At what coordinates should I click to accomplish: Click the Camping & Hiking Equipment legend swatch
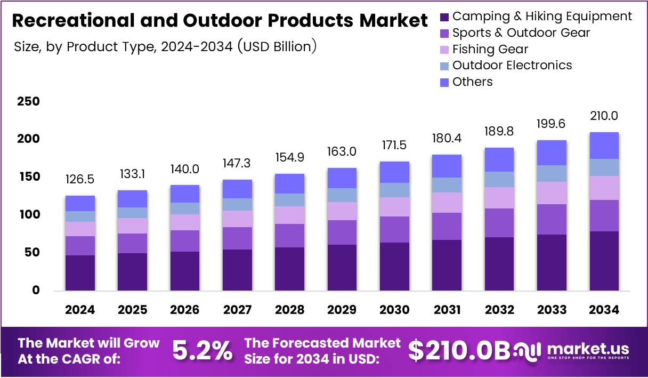coord(444,17)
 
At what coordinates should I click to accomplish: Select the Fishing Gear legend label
coord(490,50)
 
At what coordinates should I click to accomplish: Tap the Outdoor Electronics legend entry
coord(512,66)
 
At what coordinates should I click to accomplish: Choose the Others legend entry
coord(472,82)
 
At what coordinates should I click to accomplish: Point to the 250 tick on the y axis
coord(28,101)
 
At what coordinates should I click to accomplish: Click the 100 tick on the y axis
coord(28,215)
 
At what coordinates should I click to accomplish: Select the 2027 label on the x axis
coord(237,310)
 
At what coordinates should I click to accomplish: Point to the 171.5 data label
coord(394,145)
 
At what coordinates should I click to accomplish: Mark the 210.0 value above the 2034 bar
coord(604,116)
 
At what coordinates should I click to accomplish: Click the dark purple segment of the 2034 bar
coord(604,261)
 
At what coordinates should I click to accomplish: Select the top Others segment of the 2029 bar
coord(342,178)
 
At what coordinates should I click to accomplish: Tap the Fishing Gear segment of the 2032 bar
coord(499,197)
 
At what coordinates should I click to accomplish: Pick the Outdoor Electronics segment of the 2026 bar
coord(185,208)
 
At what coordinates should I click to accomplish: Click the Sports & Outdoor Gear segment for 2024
coord(80,246)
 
